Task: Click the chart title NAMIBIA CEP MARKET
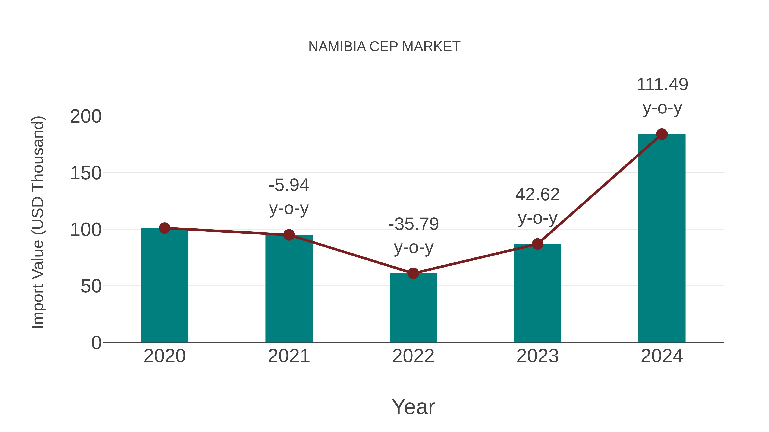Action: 384,47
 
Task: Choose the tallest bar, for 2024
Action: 662,238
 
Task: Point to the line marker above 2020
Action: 164,228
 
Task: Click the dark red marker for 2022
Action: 413,273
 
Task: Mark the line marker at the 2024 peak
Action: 662,134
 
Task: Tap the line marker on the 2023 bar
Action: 537,244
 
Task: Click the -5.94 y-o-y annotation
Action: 289,196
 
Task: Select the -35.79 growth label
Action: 414,236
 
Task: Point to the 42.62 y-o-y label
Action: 537,206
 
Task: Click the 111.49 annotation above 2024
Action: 662,96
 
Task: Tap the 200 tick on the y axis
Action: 86,116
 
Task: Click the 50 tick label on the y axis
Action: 91,287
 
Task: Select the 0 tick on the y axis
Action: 96,343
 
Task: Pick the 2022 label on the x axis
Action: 413,356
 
